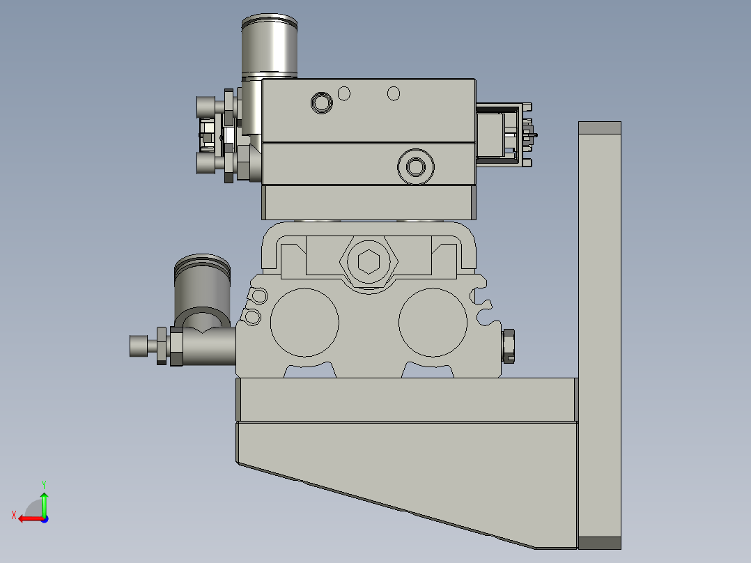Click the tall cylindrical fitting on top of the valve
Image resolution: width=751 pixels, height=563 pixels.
pyautogui.click(x=270, y=46)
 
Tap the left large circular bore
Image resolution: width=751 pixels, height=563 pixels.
pyautogui.click(x=304, y=323)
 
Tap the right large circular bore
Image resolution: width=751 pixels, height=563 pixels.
pyautogui.click(x=432, y=323)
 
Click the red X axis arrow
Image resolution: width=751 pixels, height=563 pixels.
pyautogui.click(x=26, y=518)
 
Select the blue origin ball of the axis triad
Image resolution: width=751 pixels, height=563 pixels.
pyautogui.click(x=44, y=518)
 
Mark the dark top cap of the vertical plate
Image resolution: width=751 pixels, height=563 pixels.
pyautogui.click(x=599, y=128)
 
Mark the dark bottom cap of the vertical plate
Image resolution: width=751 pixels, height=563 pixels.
pyautogui.click(x=599, y=543)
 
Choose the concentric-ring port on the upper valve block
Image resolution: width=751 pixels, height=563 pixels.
pyautogui.click(x=321, y=102)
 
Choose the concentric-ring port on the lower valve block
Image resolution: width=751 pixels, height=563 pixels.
pyautogui.click(x=415, y=167)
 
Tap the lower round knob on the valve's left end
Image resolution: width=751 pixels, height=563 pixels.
pyautogui.click(x=207, y=164)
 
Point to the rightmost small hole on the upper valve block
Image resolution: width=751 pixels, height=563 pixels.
pyautogui.click(x=394, y=93)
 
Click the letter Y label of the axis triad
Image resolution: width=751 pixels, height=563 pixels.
pyautogui.click(x=43, y=484)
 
